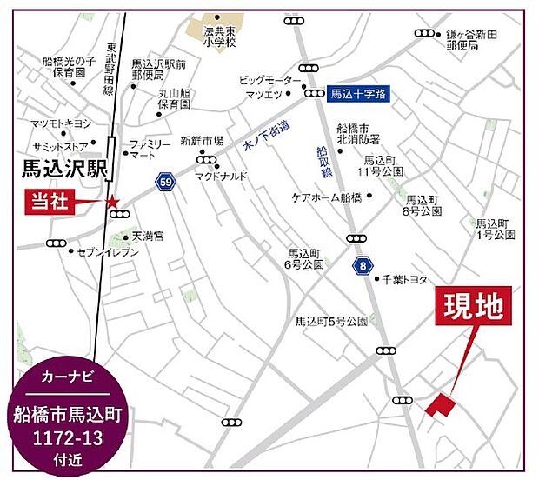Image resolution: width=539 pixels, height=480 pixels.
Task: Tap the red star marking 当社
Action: point(112,203)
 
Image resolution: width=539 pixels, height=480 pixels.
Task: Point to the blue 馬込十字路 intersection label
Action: point(360,90)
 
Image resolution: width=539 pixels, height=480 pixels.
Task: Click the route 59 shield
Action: point(164,182)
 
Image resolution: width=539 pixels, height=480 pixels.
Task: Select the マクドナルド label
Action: point(222,175)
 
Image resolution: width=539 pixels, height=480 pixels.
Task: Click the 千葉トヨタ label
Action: point(405,279)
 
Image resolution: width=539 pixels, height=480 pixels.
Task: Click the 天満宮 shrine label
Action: point(148,236)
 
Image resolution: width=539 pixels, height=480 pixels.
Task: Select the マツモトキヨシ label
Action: point(61,123)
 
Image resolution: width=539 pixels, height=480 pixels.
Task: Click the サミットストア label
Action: point(65,145)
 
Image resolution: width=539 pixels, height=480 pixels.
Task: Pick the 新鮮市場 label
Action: point(202,140)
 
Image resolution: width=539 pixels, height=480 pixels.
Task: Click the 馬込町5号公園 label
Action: point(331,320)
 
